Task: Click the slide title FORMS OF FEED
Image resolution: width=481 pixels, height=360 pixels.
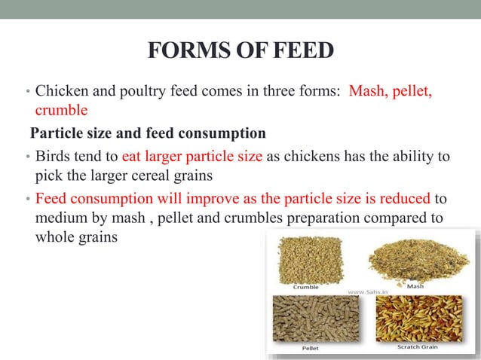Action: [x=240, y=52]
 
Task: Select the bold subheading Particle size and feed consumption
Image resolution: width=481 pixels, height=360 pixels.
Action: [x=148, y=134]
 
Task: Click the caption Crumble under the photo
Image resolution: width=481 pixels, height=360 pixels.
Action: [x=305, y=287]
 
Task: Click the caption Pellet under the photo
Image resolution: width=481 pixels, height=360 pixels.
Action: [x=310, y=349]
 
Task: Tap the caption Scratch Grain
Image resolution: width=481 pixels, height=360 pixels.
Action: [x=419, y=347]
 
